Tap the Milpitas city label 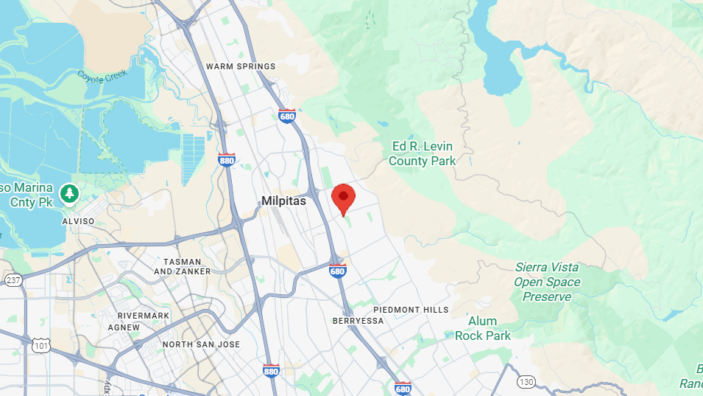pyautogui.click(x=283, y=201)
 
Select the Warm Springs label pyautogui.click(x=241, y=66)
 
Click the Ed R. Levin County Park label pyautogui.click(x=422, y=153)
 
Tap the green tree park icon pyautogui.click(x=70, y=193)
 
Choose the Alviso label pyautogui.click(x=78, y=220)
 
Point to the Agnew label pyautogui.click(x=123, y=327)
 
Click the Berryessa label pyautogui.click(x=358, y=321)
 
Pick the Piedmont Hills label pyautogui.click(x=411, y=310)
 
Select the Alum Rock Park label pyautogui.click(x=482, y=328)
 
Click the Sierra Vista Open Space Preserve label pyautogui.click(x=546, y=282)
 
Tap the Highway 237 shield pyautogui.click(x=13, y=280)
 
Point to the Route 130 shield pyautogui.click(x=525, y=381)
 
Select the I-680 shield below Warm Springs pyautogui.click(x=287, y=116)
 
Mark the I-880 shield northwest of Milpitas pyautogui.click(x=227, y=160)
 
